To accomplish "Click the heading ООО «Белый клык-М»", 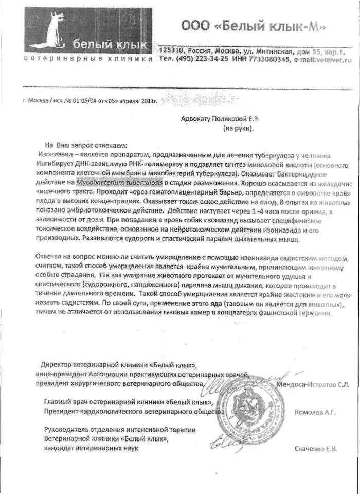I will coord(253,25).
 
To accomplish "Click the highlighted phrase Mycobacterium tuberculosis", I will coord(119,182).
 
